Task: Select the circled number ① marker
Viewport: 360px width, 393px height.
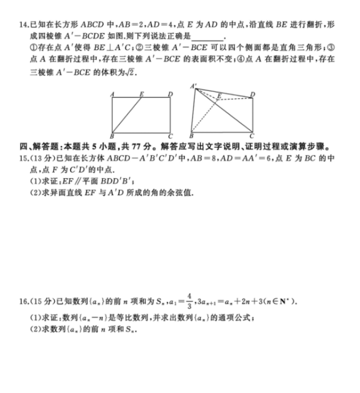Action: click(34, 48)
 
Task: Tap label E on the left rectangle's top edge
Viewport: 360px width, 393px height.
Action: click(142, 94)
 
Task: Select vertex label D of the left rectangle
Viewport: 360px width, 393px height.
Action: click(171, 94)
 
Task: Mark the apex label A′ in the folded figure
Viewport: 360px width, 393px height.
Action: click(194, 85)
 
